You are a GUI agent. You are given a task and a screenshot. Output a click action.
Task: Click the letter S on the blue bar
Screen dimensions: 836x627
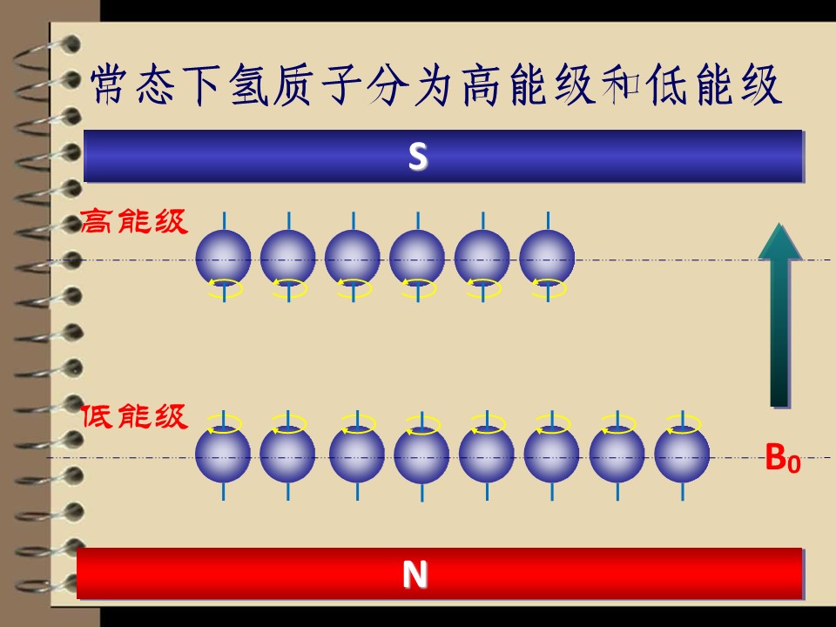(418, 157)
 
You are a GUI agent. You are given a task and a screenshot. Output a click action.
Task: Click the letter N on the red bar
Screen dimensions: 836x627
(415, 575)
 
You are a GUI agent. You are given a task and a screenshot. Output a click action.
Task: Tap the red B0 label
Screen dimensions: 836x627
(783, 458)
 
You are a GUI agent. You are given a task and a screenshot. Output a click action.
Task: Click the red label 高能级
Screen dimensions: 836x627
(134, 221)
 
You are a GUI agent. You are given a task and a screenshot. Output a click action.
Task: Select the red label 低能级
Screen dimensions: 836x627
(134, 416)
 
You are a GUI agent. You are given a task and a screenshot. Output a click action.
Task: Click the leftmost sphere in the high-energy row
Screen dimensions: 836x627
(224, 258)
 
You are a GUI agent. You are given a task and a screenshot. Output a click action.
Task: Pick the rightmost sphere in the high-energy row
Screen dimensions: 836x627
(547, 258)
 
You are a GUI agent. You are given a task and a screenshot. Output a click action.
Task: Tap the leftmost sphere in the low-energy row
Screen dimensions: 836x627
(223, 455)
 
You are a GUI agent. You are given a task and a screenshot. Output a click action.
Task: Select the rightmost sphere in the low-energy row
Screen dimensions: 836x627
(682, 455)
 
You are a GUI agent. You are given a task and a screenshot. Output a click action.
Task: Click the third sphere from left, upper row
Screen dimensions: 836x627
(353, 258)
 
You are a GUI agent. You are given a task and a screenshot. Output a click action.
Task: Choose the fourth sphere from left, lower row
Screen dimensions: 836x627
(421, 455)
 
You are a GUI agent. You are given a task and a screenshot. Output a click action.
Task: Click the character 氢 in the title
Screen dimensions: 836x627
(248, 85)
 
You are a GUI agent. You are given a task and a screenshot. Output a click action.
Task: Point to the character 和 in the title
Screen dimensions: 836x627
(621, 85)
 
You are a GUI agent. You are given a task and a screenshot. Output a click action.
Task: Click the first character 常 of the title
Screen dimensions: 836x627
(109, 85)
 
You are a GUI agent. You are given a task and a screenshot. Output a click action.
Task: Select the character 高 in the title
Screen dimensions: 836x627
(481, 85)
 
